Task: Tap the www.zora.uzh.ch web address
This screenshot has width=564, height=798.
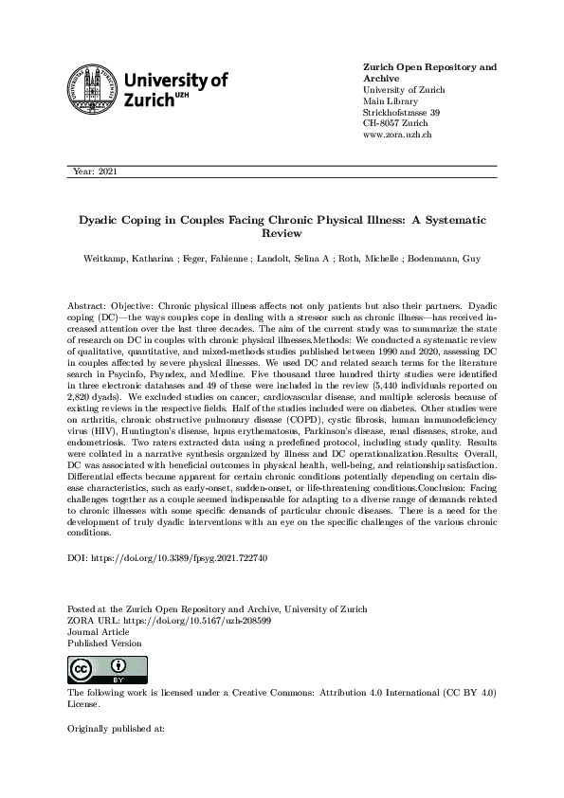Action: coord(398,136)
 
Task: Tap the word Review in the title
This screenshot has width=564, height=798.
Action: coord(282,232)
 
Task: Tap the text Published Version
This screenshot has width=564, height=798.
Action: coord(105,643)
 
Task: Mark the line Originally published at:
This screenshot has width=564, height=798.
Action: coord(117,729)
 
